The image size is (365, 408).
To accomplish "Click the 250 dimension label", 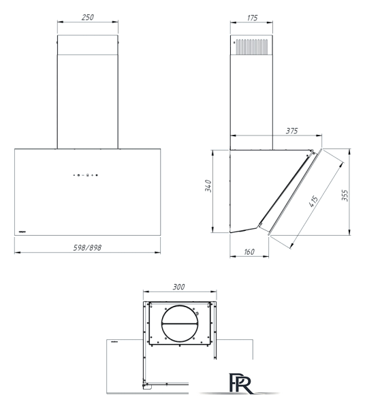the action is [x=87, y=17].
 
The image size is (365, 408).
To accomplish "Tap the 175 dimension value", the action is [x=252, y=18].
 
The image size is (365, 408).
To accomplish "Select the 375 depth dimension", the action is [x=291, y=131].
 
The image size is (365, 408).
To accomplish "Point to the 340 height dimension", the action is [x=208, y=186].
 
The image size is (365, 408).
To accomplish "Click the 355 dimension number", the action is [x=345, y=195].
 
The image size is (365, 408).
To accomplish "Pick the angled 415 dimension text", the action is [x=313, y=202].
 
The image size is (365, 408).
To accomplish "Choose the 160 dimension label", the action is [x=249, y=252].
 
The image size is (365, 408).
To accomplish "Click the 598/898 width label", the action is [x=87, y=248].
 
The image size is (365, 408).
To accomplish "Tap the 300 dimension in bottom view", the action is [x=178, y=287].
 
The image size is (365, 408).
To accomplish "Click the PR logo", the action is [x=240, y=383].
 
